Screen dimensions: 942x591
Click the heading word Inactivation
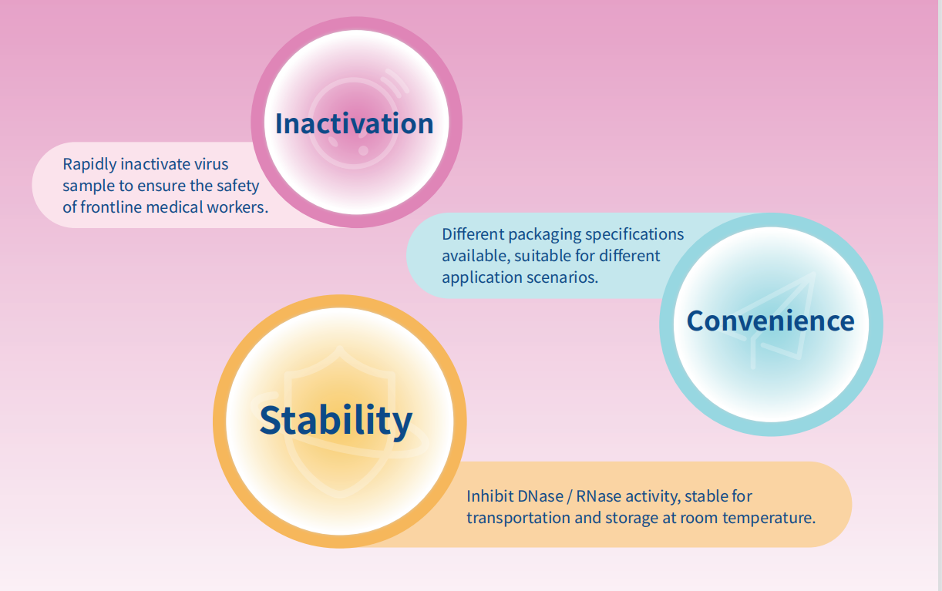click(354, 123)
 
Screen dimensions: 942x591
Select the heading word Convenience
click(770, 321)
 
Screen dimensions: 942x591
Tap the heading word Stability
click(335, 421)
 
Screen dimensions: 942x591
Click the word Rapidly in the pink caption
click(89, 165)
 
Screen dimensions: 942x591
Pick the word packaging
click(544, 235)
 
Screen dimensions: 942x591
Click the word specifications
click(634, 235)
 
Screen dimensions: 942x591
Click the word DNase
click(540, 496)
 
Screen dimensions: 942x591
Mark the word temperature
click(769, 519)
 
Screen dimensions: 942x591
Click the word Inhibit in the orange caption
click(490, 496)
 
